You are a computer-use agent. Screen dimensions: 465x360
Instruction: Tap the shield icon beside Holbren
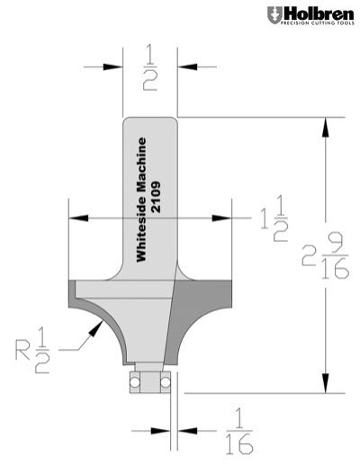click(x=273, y=15)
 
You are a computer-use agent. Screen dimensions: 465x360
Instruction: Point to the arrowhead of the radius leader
click(x=93, y=329)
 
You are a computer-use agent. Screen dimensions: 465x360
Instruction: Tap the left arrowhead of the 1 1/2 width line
click(x=76, y=217)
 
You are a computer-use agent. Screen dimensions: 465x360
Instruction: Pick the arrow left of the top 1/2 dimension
click(x=115, y=67)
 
